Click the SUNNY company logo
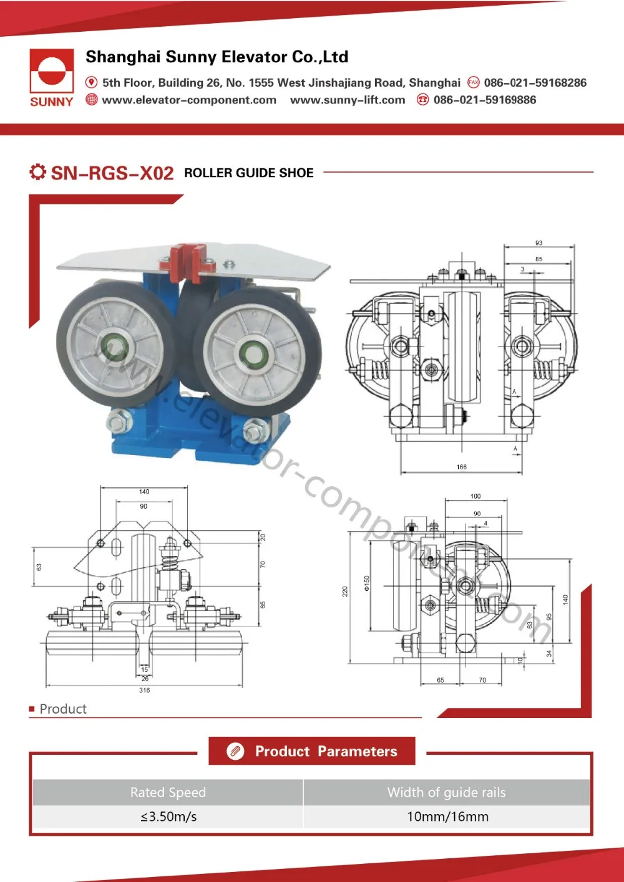(51, 77)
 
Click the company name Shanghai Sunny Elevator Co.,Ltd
(217, 57)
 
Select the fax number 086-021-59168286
(535, 83)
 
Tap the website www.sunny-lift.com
(348, 100)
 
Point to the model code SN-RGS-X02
(112, 173)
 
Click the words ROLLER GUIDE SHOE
(248, 173)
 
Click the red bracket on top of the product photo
(187, 261)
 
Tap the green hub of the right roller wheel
(253, 354)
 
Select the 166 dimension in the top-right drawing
(461, 467)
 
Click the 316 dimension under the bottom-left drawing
(144, 690)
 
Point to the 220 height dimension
(344, 592)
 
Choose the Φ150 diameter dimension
(367, 583)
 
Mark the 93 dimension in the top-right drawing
(539, 243)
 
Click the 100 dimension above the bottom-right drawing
(475, 496)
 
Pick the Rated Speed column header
(168, 792)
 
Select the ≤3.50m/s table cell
(168, 817)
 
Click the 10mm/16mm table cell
(447, 817)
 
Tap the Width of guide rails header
(446, 792)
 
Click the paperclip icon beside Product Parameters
(235, 752)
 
